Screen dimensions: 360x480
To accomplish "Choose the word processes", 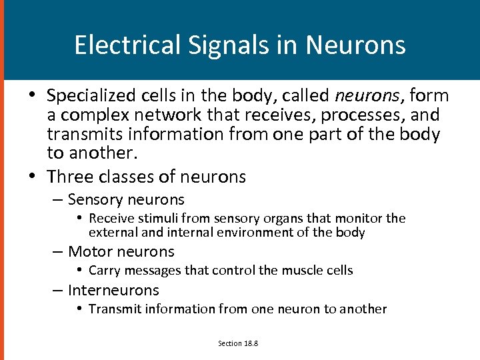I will click(357, 115).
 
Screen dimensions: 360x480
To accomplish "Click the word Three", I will click(69, 177).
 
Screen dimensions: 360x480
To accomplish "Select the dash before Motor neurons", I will click(58, 252).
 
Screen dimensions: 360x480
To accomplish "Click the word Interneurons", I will click(113, 291).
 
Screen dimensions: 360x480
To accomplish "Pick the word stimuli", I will click(150, 219).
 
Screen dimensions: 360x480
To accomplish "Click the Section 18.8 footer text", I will click(239, 343).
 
